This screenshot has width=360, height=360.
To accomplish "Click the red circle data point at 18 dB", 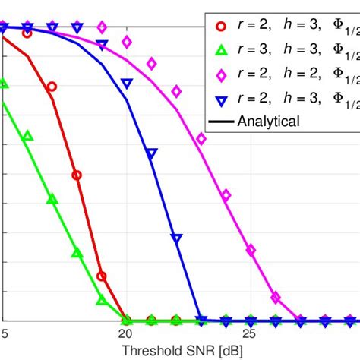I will tap(77, 175).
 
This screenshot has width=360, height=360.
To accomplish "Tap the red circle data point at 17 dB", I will tap(52, 87).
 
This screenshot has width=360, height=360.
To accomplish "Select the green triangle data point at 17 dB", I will tap(52, 199).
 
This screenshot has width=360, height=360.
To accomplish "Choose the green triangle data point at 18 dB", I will tap(77, 252).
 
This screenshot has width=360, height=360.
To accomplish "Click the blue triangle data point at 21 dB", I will tap(151, 154).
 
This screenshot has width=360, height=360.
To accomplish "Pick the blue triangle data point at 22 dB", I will tap(176, 238).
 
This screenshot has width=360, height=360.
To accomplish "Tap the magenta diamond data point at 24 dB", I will tap(226, 195).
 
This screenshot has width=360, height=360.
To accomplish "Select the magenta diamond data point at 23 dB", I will tap(201, 139).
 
